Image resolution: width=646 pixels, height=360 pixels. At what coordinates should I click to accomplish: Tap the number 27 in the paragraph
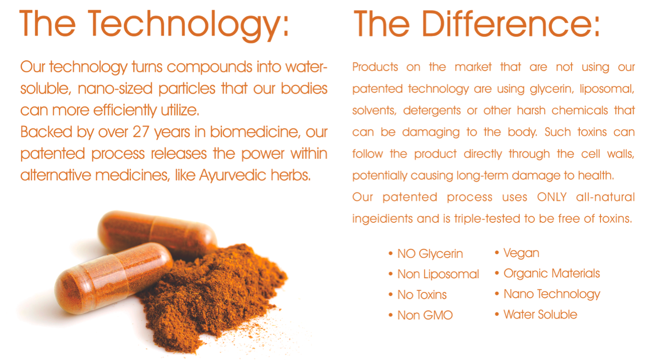(x=141, y=132)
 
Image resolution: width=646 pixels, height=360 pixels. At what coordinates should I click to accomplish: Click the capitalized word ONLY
(x=552, y=197)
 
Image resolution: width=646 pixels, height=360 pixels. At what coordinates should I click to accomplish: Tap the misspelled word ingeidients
(x=382, y=219)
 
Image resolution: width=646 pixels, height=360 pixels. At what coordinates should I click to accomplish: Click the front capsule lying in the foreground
(x=114, y=278)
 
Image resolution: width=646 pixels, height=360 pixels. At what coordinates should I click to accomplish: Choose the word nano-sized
(x=115, y=89)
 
